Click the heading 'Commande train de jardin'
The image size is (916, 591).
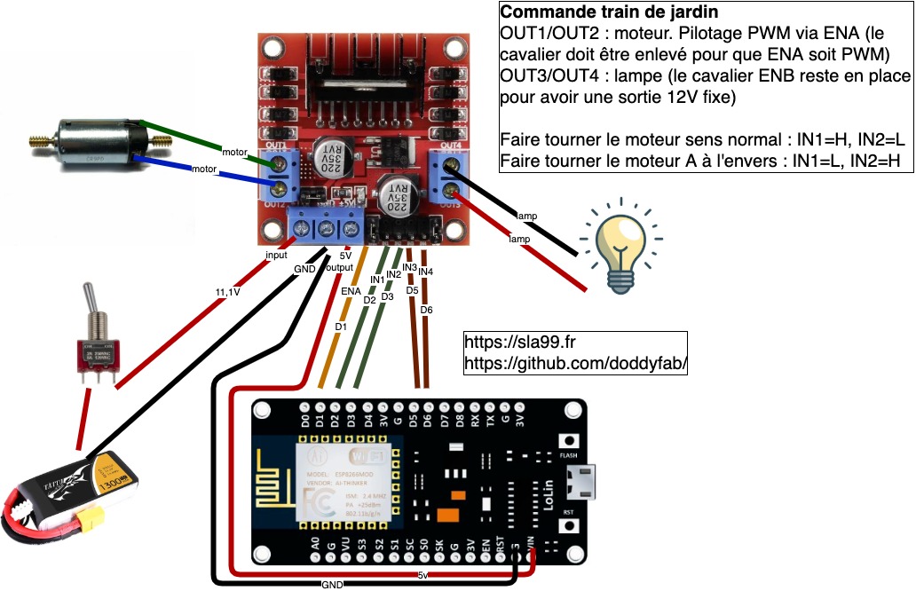pos(609,13)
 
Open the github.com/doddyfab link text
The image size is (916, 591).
pos(576,364)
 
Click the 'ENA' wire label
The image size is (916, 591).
pos(351,290)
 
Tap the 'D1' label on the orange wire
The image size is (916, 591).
pos(340,327)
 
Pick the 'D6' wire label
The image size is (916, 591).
pos(426,310)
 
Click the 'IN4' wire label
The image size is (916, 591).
pos(425,271)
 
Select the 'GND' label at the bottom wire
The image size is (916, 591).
pos(333,585)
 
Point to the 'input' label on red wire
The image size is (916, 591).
pos(276,254)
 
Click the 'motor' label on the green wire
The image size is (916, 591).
pos(234,151)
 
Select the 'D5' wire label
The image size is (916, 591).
pos(412,290)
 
